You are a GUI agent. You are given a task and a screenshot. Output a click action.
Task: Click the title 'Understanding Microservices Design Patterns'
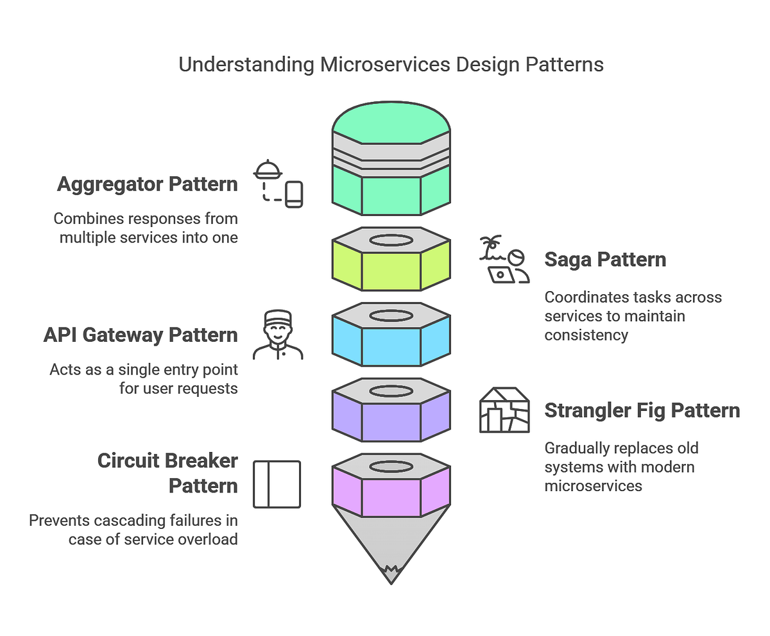click(391, 65)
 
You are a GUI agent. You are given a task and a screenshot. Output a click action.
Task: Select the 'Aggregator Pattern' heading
click(147, 184)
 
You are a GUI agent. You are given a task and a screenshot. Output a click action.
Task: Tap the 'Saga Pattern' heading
click(605, 260)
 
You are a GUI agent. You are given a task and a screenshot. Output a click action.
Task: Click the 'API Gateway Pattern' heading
click(141, 335)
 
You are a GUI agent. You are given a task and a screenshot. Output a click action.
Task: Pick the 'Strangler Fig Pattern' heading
click(642, 410)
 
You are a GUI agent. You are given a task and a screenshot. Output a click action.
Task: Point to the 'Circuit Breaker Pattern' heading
click(167, 473)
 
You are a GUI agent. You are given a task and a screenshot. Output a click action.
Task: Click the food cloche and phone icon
click(278, 185)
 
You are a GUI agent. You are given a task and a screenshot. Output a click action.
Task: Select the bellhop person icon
click(278, 335)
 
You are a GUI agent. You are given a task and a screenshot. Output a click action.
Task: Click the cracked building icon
click(504, 410)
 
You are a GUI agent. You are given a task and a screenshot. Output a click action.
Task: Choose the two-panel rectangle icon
click(277, 485)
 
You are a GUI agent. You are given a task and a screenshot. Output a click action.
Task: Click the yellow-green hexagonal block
click(391, 269)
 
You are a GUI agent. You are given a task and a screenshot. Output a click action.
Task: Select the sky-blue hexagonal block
click(391, 345)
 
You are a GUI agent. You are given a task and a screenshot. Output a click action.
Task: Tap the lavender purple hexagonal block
click(391, 421)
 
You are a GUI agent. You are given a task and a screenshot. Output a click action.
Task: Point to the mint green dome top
click(391, 119)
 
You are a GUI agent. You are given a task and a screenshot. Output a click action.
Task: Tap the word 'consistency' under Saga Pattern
click(586, 335)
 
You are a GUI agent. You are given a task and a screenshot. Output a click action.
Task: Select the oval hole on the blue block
click(391, 315)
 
